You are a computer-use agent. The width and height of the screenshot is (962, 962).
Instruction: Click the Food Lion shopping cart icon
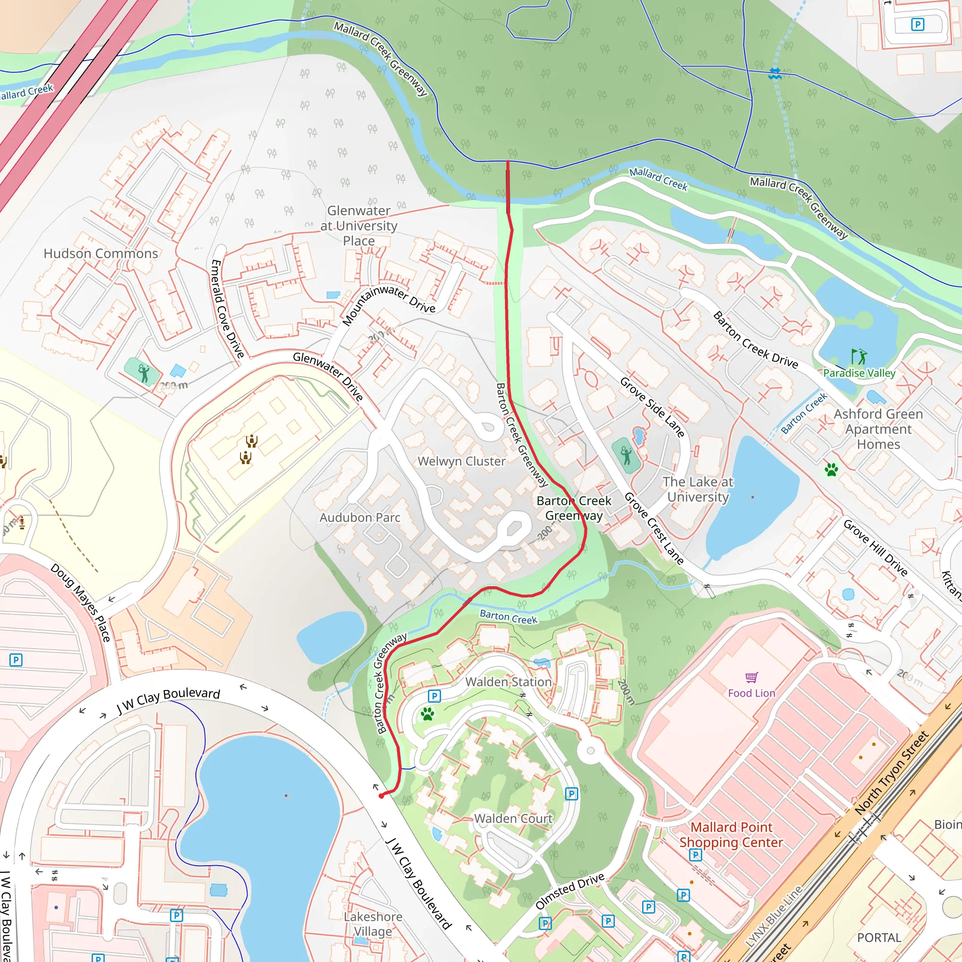tap(752, 677)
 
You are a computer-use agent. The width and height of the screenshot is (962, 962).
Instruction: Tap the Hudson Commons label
tap(101, 254)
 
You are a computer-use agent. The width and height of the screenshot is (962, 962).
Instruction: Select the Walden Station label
tap(508, 682)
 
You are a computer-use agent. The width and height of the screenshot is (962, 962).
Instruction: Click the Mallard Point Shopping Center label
tap(731, 835)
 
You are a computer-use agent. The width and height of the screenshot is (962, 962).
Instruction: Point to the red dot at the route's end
tap(381, 796)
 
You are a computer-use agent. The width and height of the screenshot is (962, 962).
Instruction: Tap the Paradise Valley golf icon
tap(859, 356)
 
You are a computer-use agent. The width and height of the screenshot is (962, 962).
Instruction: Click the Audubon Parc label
tap(359, 517)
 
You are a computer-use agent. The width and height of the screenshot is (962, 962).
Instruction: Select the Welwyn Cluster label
tap(462, 461)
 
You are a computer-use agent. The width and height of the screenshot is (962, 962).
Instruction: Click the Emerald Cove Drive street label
tap(227, 308)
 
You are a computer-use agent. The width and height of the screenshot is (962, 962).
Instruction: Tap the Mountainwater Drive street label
tap(389, 304)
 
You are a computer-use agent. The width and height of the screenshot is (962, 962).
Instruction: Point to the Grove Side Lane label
tap(652, 407)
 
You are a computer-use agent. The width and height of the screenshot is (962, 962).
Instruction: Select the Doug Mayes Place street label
tap(80, 603)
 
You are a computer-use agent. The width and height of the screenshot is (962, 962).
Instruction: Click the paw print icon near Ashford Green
tap(831, 470)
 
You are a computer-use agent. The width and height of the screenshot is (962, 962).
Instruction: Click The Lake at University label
tap(698, 489)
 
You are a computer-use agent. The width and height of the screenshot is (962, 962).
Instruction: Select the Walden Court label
tap(513, 819)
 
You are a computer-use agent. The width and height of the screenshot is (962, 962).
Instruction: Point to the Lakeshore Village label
tap(372, 923)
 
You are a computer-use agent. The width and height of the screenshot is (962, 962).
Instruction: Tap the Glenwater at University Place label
tap(358, 225)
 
